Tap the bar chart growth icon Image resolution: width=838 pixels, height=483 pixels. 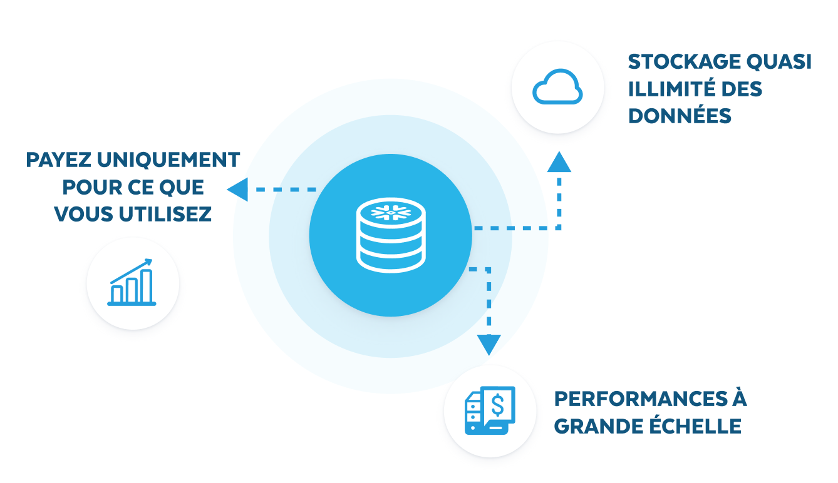(x=132, y=283)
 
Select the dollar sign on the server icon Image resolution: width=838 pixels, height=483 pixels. (x=498, y=404)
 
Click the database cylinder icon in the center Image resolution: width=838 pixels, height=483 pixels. (x=390, y=235)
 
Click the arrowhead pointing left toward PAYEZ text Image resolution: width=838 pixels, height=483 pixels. (x=237, y=189)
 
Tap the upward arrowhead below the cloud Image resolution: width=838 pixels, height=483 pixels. (x=559, y=162)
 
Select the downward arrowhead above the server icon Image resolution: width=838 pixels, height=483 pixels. (x=489, y=344)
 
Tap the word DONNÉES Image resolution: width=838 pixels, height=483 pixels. (x=680, y=116)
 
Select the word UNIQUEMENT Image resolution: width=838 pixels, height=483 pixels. (x=169, y=160)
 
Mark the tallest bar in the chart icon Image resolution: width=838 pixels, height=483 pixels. (x=146, y=285)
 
